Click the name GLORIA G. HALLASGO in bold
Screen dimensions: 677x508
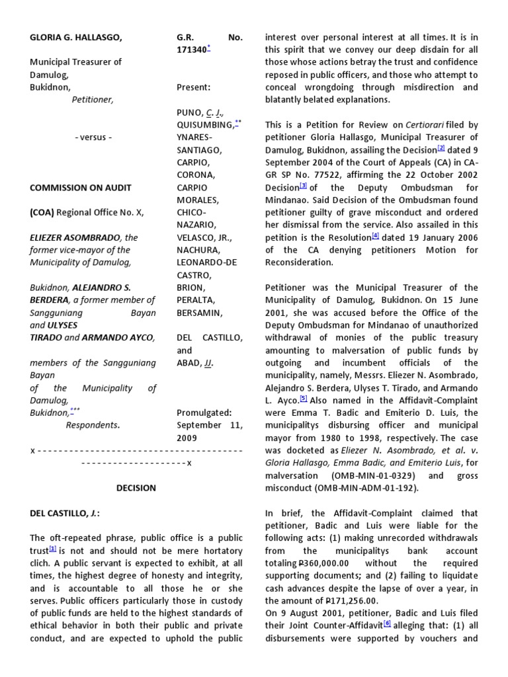[x=75, y=38]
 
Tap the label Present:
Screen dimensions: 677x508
[x=194, y=87]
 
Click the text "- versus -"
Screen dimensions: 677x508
[x=93, y=138]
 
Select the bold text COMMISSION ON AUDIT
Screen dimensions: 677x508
[x=81, y=187]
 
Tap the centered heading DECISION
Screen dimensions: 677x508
[x=136, y=488]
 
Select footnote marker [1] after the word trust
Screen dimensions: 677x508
[x=53, y=549]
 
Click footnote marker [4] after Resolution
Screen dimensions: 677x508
[x=376, y=235]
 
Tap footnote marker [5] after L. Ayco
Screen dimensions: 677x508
[x=304, y=398]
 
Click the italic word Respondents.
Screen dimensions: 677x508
[x=93, y=425]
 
